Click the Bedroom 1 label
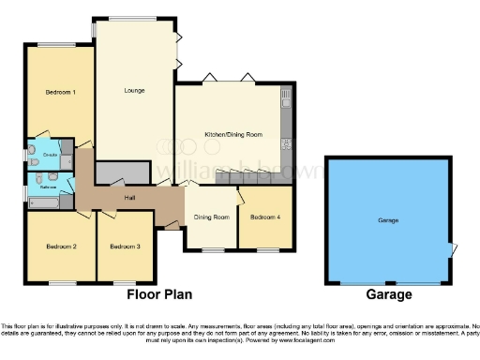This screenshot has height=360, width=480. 60,93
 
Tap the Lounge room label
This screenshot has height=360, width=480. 134,91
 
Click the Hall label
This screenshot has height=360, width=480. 130,198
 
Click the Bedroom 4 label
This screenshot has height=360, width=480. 264,217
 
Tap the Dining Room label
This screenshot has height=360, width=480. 211,217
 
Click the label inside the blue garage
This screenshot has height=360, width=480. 388,219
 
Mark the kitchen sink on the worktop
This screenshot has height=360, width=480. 287,97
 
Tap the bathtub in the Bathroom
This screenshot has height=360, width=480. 43,201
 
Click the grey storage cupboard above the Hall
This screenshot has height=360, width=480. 122,172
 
